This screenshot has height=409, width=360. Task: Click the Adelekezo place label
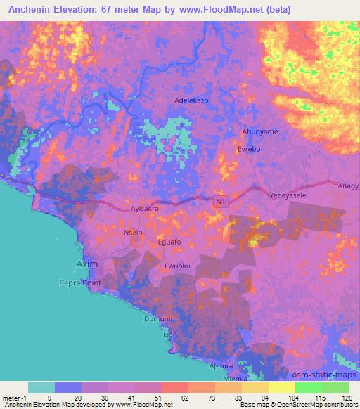(191, 100)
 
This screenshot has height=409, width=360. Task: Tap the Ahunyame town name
(259, 131)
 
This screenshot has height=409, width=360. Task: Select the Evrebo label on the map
(250, 149)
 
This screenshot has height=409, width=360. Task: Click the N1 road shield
(220, 202)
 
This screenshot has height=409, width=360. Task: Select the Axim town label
(86, 265)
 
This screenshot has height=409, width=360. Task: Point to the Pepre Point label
(80, 283)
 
